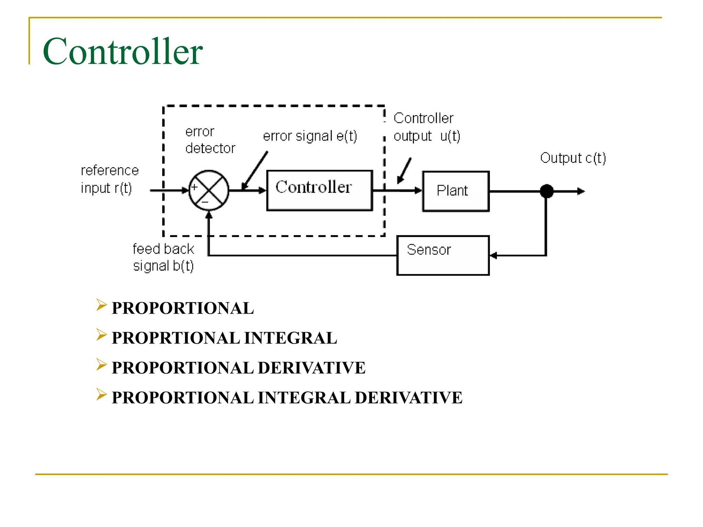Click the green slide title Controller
click(x=123, y=51)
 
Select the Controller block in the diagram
click(x=320, y=190)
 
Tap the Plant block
click(x=456, y=191)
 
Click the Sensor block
click(x=443, y=255)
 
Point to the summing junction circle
click(x=209, y=190)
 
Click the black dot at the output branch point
click(x=546, y=191)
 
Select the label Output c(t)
click(x=573, y=158)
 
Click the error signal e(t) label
click(x=310, y=136)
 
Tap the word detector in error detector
click(x=210, y=148)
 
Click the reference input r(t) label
click(x=109, y=179)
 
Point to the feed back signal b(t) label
click(x=163, y=257)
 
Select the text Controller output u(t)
click(x=426, y=127)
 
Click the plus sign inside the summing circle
click(x=194, y=187)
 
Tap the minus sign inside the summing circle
click(x=205, y=202)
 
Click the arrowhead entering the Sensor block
click(x=494, y=255)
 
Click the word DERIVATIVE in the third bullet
click(x=311, y=368)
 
